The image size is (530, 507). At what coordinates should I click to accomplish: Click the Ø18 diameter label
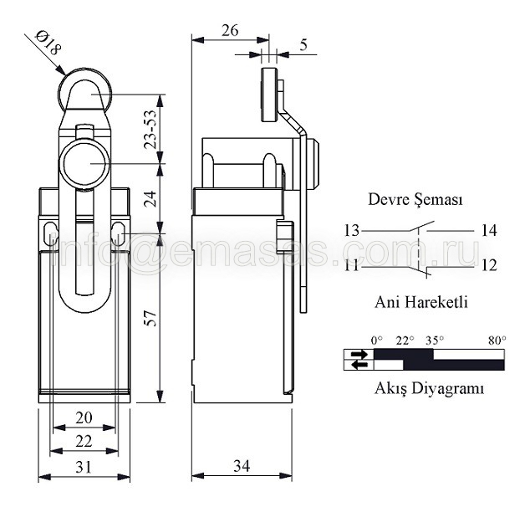[48, 44]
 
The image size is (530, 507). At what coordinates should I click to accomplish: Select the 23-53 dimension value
[150, 129]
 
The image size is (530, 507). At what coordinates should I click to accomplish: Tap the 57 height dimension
[150, 318]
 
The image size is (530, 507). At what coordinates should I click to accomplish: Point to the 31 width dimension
[84, 467]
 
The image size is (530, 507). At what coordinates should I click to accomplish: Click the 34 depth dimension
[242, 466]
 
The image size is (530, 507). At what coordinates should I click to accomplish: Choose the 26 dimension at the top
[230, 30]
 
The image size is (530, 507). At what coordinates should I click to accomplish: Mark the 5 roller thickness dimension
[303, 44]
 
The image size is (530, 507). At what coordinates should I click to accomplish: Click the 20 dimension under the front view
[84, 417]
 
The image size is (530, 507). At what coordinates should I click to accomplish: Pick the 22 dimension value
[84, 442]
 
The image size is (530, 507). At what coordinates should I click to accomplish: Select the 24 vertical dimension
[150, 198]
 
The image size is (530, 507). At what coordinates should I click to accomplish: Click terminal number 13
[352, 231]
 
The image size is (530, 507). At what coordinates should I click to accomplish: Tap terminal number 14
[489, 231]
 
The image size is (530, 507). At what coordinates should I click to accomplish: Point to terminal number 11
[352, 266]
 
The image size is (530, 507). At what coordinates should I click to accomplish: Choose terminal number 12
[489, 266]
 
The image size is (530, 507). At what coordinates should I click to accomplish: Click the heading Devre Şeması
[415, 200]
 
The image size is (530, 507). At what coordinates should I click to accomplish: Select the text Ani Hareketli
[421, 302]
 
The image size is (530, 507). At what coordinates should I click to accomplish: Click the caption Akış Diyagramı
[429, 389]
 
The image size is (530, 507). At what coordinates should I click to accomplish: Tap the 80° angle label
[497, 341]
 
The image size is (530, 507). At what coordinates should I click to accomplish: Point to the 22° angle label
[405, 341]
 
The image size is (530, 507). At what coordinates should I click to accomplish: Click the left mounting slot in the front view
[50, 233]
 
